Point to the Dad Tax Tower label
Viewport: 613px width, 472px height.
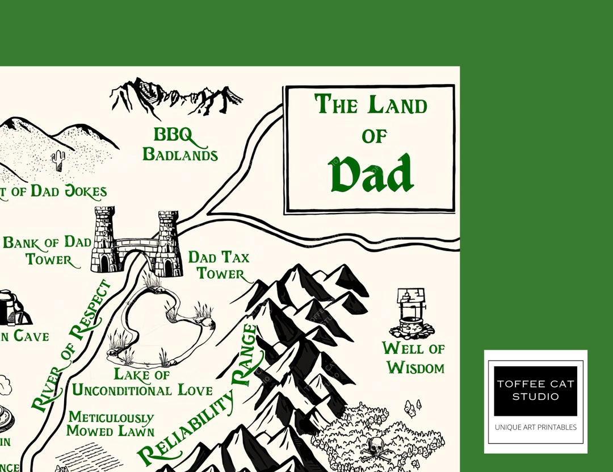(219, 265)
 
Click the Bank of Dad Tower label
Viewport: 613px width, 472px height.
(48, 250)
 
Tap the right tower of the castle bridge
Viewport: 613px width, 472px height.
(168, 243)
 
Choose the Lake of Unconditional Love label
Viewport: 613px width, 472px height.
(142, 382)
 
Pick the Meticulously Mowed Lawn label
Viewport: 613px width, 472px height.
(111, 424)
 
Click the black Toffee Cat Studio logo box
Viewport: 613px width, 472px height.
(535, 390)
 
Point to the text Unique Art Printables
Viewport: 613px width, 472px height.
(535, 427)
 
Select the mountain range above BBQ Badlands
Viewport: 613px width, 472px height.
(176, 97)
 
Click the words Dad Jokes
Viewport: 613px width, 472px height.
(68, 191)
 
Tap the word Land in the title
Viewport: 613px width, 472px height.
(397, 106)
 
